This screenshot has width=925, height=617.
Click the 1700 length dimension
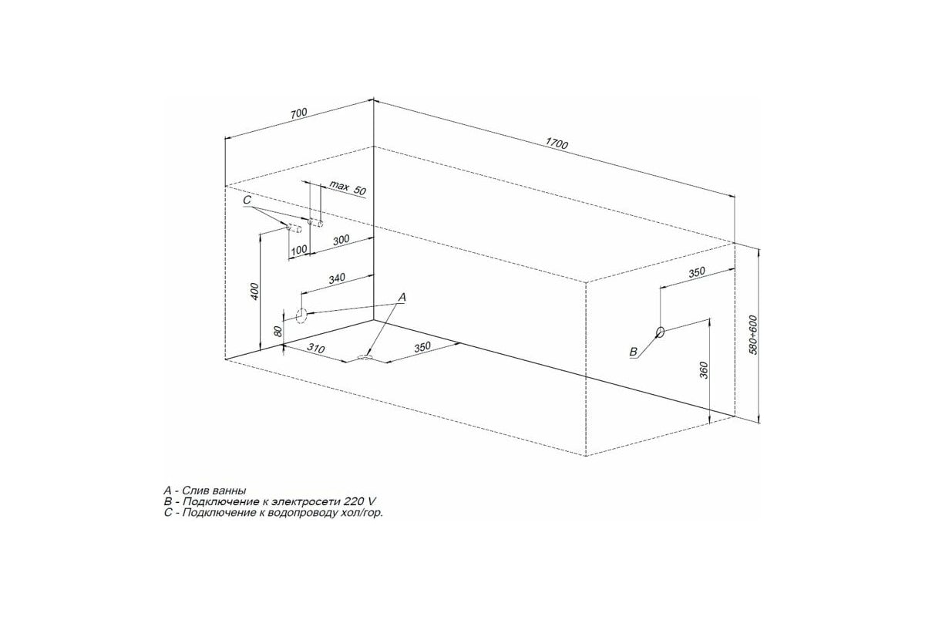pyautogui.click(x=557, y=143)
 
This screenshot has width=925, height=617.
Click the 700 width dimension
pyautogui.click(x=298, y=113)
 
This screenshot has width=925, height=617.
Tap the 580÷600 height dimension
pyautogui.click(x=753, y=335)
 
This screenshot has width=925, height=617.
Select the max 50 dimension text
pyautogui.click(x=348, y=188)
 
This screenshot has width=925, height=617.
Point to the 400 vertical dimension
pyautogui.click(x=255, y=292)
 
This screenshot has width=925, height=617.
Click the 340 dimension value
pyautogui.click(x=337, y=278)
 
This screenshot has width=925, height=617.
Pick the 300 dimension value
pyautogui.click(x=341, y=240)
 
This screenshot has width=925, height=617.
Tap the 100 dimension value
pyautogui.click(x=299, y=250)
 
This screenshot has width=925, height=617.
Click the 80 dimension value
pyautogui.click(x=278, y=331)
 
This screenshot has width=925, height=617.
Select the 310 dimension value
pyautogui.click(x=316, y=349)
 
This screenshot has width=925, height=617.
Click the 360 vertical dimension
pyautogui.click(x=704, y=370)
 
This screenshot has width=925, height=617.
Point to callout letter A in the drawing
pyautogui.click(x=402, y=297)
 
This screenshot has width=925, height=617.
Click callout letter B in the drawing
pyautogui.click(x=633, y=352)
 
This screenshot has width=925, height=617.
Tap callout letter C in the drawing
pyautogui.click(x=247, y=200)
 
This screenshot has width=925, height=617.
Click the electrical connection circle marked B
pyautogui.click(x=661, y=332)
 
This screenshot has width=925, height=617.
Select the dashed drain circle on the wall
pyautogui.click(x=302, y=315)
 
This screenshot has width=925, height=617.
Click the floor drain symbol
pyautogui.click(x=365, y=356)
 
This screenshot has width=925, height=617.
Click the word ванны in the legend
pyautogui.click(x=230, y=491)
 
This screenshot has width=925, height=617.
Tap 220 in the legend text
pyautogui.click(x=354, y=502)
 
